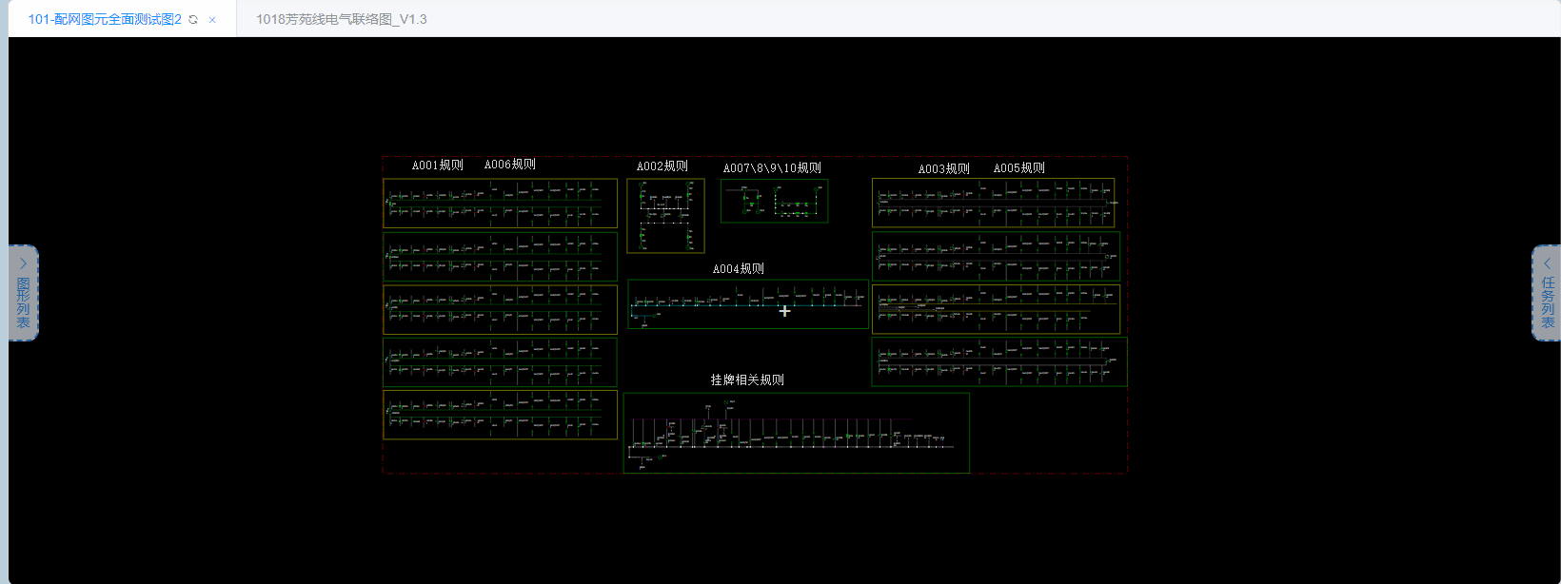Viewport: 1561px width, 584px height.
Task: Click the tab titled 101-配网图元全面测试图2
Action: [104, 19]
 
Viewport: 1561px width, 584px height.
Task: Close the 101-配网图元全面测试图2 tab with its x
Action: [212, 20]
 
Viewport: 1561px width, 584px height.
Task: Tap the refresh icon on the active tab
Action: [193, 20]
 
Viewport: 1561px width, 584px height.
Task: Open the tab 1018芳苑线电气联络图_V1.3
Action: [341, 19]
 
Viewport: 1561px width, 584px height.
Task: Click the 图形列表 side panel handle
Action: [23, 293]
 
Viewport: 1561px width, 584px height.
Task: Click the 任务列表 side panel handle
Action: [1547, 293]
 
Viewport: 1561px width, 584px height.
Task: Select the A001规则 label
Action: [437, 165]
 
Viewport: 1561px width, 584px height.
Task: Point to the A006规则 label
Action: [510, 165]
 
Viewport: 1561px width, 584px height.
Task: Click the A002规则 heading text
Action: [662, 166]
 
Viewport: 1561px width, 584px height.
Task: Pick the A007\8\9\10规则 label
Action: [772, 168]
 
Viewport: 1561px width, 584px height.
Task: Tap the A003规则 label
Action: [943, 169]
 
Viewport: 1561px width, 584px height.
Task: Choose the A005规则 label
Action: [1019, 168]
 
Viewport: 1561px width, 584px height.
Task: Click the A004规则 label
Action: [739, 269]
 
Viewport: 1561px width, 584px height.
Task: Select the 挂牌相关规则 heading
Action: [747, 380]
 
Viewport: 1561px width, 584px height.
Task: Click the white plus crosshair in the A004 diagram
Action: [784, 311]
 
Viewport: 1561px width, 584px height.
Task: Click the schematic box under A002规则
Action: [665, 216]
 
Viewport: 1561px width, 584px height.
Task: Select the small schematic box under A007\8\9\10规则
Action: [774, 201]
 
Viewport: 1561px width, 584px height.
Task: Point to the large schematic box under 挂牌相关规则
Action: [796, 433]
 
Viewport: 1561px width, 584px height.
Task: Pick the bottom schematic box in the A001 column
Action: [500, 415]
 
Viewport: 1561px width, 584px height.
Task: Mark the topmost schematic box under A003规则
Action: [993, 203]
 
